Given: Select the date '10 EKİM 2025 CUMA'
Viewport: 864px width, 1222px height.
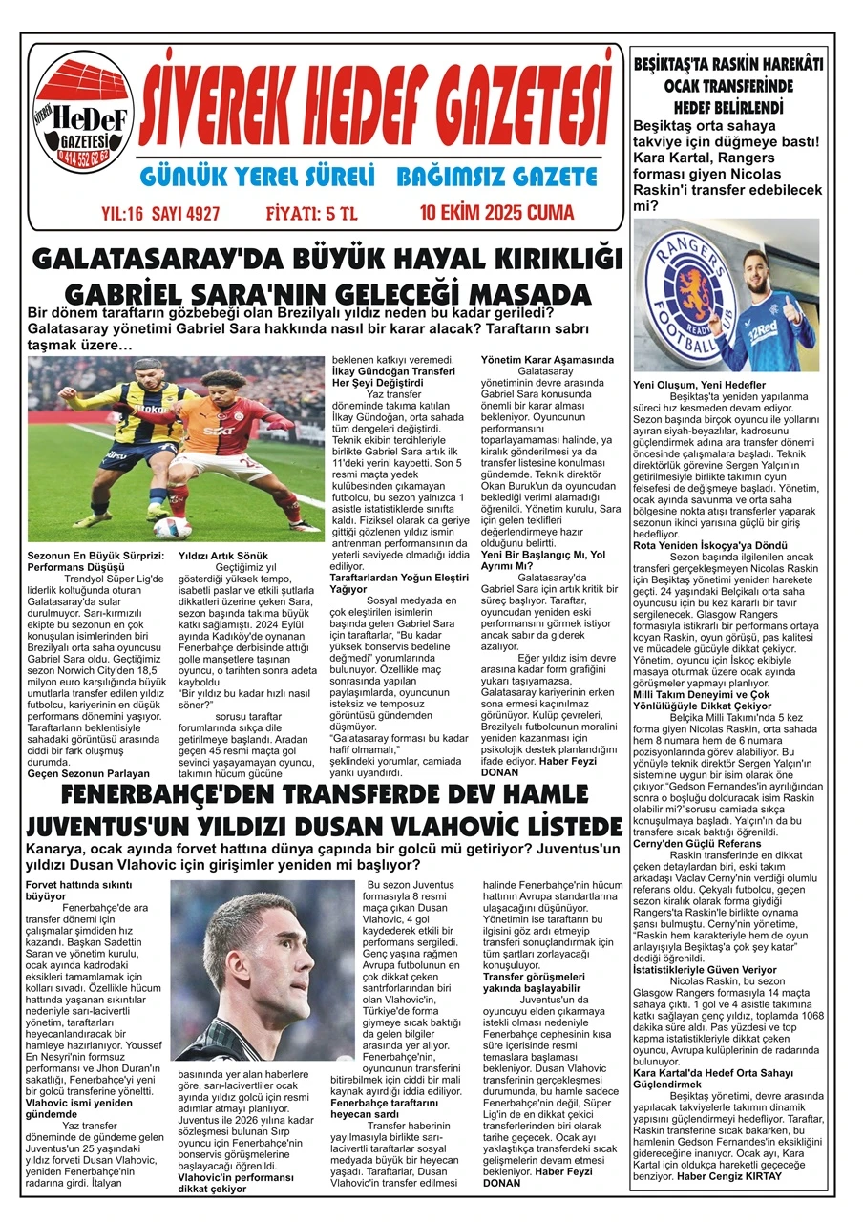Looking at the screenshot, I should click(496, 211).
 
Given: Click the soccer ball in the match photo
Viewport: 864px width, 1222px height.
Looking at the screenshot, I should click(172, 527).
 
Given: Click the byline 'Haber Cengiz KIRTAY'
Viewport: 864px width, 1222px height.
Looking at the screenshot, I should click(729, 1175).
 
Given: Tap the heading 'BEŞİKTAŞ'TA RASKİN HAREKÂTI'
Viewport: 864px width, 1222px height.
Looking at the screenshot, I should click(728, 64).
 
